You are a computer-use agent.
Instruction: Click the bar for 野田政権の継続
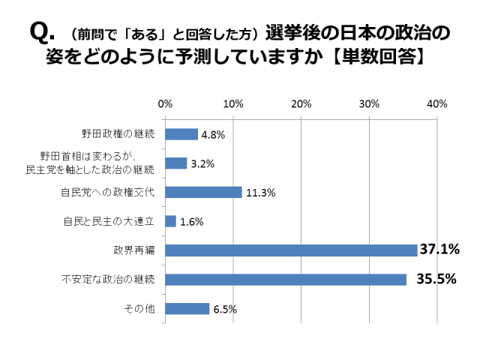tap(181, 134)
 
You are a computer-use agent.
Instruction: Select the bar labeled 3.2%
tap(176, 163)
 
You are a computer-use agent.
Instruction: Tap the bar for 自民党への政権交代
tap(203, 192)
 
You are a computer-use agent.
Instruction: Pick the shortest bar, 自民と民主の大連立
tap(171, 221)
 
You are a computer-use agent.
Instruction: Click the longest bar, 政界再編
tap(291, 250)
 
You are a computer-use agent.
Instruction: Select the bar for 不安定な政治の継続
tap(286, 279)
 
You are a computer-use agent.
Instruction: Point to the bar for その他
tap(187, 308)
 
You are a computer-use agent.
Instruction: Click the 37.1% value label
tap(439, 250)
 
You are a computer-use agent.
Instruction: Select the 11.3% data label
tap(260, 193)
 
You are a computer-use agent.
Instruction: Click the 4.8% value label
tap(213, 135)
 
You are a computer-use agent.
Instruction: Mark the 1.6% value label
tap(192, 222)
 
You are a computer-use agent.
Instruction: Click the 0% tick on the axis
tap(166, 103)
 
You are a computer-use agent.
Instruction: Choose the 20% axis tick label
tap(301, 103)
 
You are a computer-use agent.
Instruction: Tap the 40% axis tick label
tap(436, 103)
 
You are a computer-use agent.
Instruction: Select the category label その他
tap(142, 308)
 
